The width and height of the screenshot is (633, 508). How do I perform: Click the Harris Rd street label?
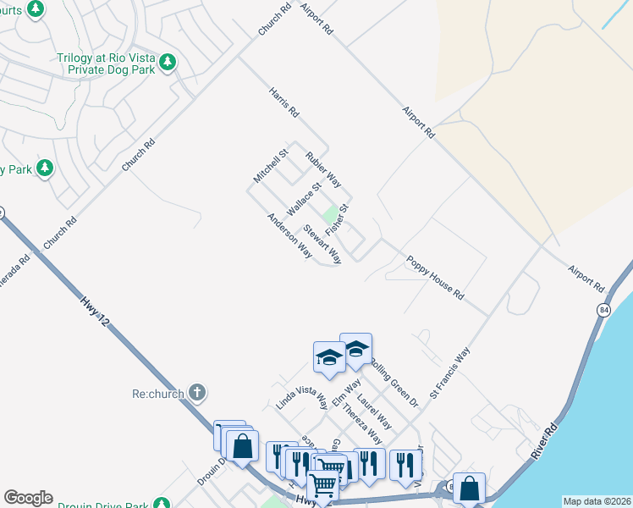tap(284, 102)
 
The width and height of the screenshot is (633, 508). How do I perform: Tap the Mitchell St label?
tap(271, 166)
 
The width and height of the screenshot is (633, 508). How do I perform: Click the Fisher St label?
tap(338, 218)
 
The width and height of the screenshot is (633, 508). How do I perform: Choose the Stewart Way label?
tap(322, 244)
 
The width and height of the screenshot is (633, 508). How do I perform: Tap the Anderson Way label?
tap(289, 235)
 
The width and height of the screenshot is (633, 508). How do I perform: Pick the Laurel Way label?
tap(373, 410)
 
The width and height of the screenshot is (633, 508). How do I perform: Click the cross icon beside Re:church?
tap(196, 392)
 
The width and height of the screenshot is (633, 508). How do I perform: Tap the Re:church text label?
tap(158, 394)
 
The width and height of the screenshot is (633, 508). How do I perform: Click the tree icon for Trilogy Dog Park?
tap(168, 62)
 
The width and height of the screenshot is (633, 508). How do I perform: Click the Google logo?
tap(28, 498)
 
